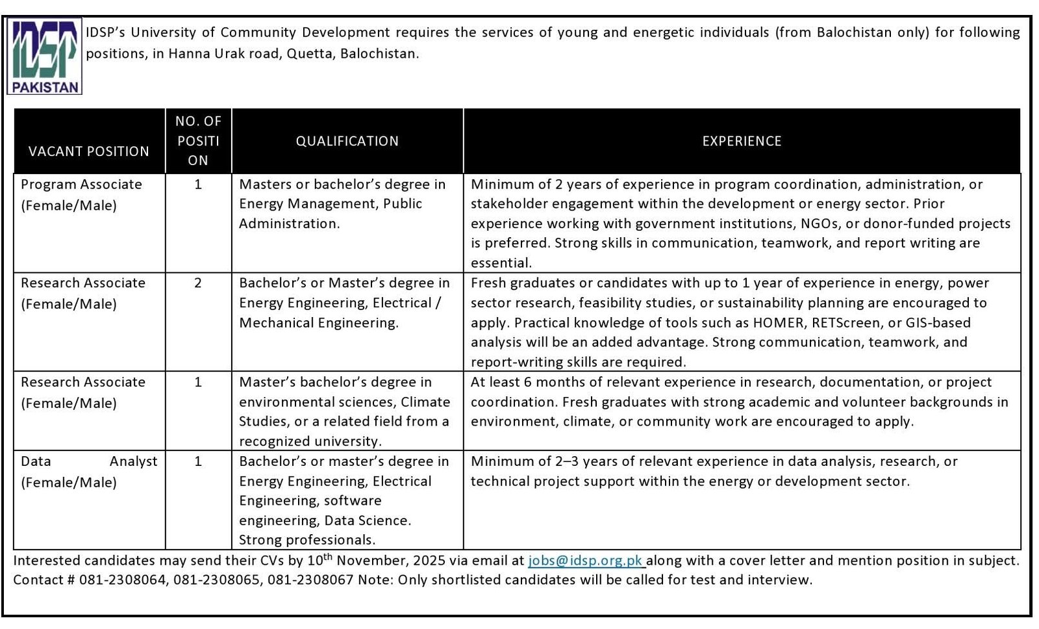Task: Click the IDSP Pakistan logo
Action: pyautogui.click(x=45, y=56)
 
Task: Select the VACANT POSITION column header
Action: pyautogui.click(x=89, y=151)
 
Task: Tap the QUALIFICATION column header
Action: pyautogui.click(x=347, y=141)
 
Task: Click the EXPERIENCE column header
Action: pyautogui.click(x=742, y=141)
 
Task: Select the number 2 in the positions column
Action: pyautogui.click(x=198, y=283)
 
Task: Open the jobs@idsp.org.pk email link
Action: pyautogui.click(x=586, y=561)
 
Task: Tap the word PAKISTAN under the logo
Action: pyautogui.click(x=45, y=87)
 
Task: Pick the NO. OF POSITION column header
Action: pyautogui.click(x=198, y=141)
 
